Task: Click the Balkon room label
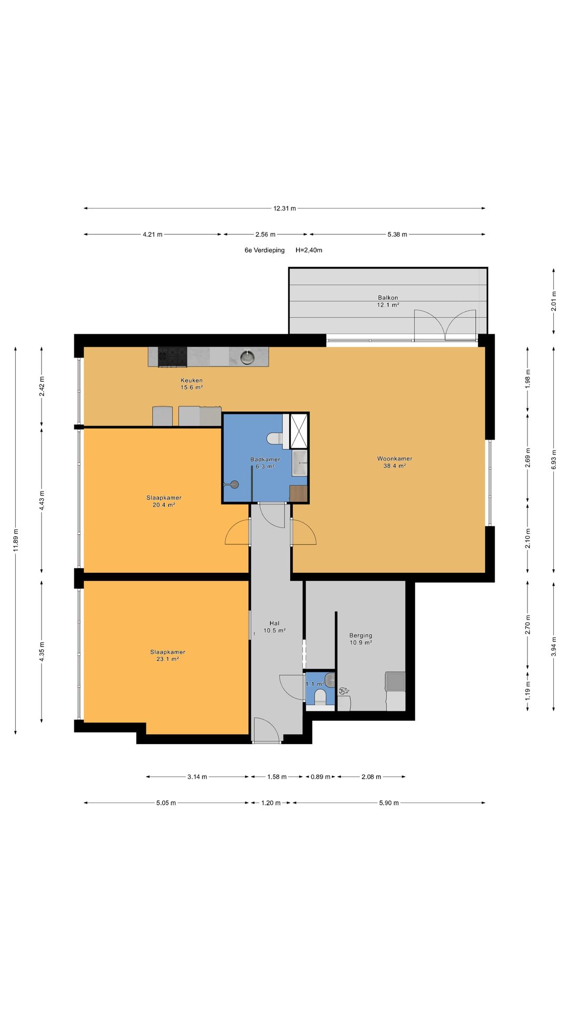(388, 301)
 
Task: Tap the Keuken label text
(191, 380)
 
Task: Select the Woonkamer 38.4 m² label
(395, 462)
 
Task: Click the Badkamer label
(265, 459)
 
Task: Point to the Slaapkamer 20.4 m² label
(164, 501)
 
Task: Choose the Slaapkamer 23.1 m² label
(168, 656)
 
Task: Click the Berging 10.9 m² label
(361, 639)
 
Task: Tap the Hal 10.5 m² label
(274, 627)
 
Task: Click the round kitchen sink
(248, 358)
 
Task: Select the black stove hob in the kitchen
(172, 356)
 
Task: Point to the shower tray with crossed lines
(299, 431)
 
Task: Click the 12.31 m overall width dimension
(284, 208)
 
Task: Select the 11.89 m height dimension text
(16, 540)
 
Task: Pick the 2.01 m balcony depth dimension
(554, 301)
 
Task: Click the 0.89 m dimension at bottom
(320, 777)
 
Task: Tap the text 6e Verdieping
(264, 250)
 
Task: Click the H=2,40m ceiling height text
(309, 250)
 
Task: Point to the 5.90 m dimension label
(389, 803)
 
